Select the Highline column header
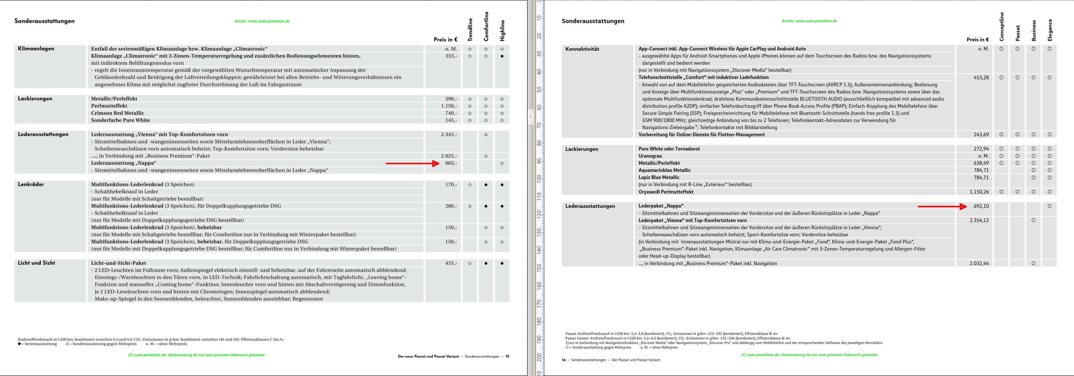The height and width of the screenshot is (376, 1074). pos(502,30)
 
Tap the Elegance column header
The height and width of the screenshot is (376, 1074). pos(1050,30)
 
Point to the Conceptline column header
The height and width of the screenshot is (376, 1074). pos(1002,27)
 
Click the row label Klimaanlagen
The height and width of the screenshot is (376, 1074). pos(36,49)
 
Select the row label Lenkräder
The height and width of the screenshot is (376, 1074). pos(31,184)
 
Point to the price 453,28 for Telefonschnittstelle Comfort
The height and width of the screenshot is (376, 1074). pos(981,78)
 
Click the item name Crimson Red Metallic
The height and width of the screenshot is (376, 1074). pos(117,113)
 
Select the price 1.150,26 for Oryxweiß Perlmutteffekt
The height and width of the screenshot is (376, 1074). pos(979,192)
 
